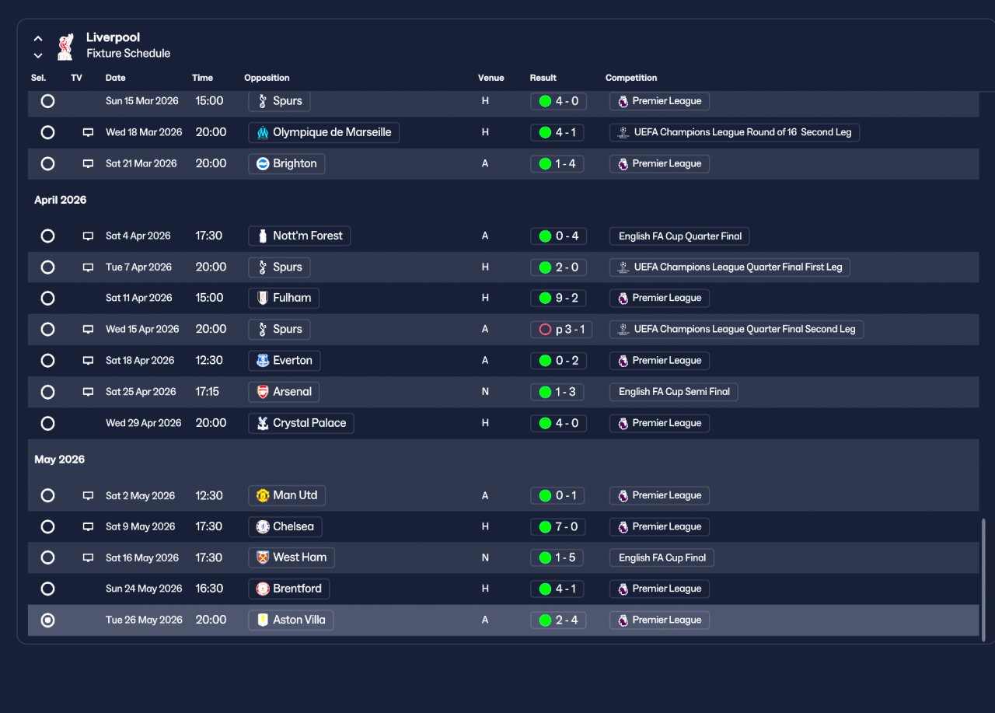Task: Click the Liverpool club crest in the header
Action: tap(65, 46)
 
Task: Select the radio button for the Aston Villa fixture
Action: tap(47, 620)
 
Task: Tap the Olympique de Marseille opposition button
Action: tap(324, 132)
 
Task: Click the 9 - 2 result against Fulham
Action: tap(558, 298)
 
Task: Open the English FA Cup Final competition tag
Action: tap(662, 557)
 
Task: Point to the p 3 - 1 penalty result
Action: tap(561, 329)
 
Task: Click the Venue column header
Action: tap(491, 78)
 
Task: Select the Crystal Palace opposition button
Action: tap(301, 423)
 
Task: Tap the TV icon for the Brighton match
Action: tap(88, 163)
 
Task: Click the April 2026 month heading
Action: tap(61, 200)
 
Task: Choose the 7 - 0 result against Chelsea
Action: tap(558, 527)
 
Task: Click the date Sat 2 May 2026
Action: tap(141, 495)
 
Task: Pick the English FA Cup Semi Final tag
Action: tap(674, 392)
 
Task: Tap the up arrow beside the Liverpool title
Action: tap(38, 39)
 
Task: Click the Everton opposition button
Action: tap(285, 360)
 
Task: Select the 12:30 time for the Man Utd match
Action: tap(209, 495)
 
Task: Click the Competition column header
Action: tap(630, 78)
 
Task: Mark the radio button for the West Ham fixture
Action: tap(47, 557)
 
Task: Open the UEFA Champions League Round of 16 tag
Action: tap(735, 132)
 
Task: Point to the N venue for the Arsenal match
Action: tap(485, 392)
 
